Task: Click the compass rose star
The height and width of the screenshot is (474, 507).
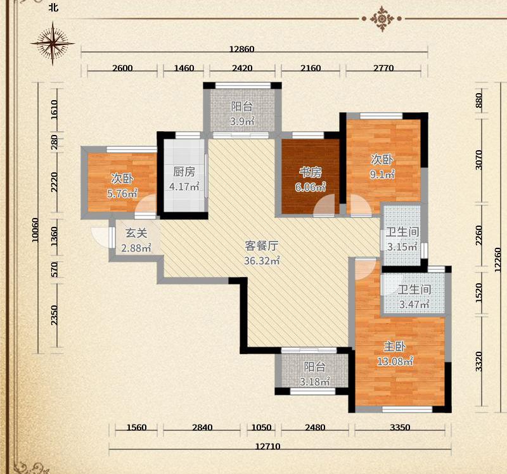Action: click(53, 43)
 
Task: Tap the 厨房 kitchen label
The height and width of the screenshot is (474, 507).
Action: click(184, 172)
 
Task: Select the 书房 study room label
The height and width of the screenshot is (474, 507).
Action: click(310, 172)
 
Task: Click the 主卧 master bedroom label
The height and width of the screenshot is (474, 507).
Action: click(395, 347)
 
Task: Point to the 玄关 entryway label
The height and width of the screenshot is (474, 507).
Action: click(136, 233)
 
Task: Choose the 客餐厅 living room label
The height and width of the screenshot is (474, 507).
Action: click(261, 246)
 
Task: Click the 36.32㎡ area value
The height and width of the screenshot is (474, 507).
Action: click(262, 260)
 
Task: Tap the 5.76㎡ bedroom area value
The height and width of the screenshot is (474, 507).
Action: click(122, 193)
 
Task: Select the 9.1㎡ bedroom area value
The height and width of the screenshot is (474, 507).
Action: click(382, 174)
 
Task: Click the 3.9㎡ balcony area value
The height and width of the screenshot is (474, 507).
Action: click(242, 122)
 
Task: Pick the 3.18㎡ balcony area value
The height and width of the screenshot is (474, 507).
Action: click(314, 381)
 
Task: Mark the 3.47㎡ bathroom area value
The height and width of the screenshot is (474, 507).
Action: click(414, 304)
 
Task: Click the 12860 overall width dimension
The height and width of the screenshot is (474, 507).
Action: click(242, 49)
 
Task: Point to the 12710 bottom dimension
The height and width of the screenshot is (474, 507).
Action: click(267, 446)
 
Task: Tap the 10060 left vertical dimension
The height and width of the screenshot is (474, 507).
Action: click(35, 230)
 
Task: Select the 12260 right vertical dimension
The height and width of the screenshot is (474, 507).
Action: click(498, 260)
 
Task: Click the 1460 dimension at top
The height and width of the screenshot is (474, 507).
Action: click(184, 68)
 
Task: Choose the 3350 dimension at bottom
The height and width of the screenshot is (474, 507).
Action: click(400, 428)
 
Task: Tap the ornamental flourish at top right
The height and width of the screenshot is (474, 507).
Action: click(382, 19)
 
